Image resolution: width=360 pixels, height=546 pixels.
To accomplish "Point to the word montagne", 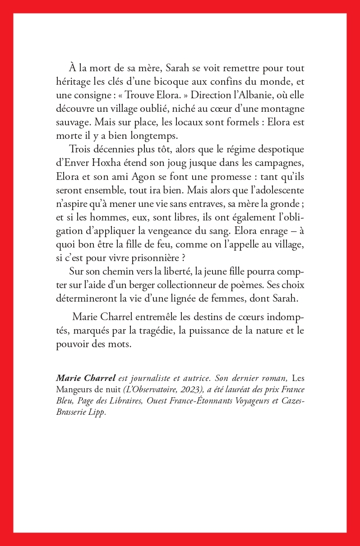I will (x=284, y=110).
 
